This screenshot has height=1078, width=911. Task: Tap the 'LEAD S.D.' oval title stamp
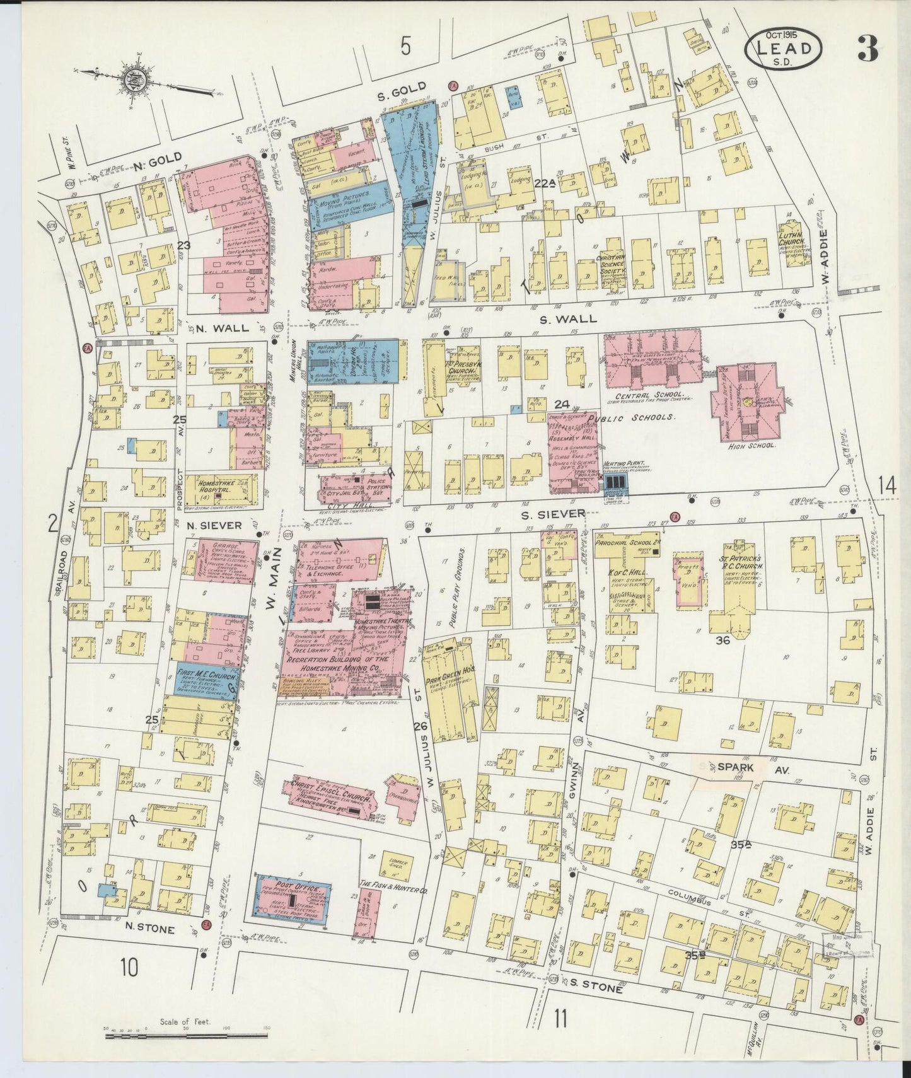(783, 49)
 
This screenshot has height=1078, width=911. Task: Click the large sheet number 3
(868, 49)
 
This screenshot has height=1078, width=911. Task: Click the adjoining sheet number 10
(129, 966)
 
